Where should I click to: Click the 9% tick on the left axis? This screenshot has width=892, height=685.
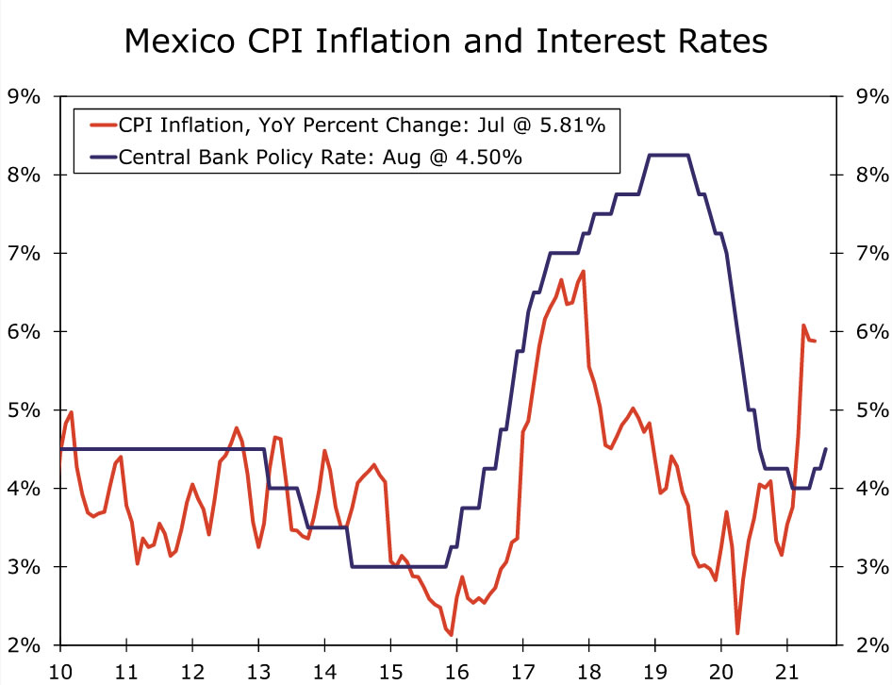tap(25, 96)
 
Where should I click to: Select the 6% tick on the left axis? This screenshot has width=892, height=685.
tap(25, 331)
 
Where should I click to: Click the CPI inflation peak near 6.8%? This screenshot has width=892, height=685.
tap(584, 272)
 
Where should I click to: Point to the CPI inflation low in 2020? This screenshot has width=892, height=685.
tap(737, 633)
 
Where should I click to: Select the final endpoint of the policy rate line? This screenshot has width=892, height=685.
tap(826, 449)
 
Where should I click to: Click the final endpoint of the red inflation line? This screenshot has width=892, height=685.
tap(815, 341)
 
